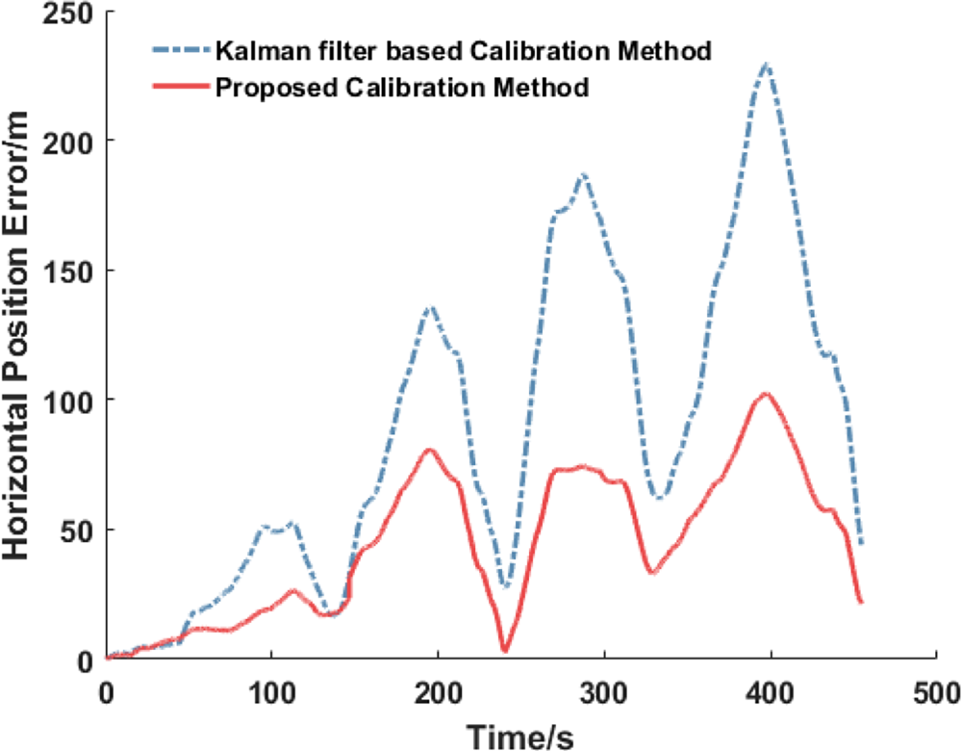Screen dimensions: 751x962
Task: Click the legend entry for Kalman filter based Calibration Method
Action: [x=464, y=51]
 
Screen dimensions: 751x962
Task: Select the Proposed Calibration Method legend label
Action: [x=402, y=89]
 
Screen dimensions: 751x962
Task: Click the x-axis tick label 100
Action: [x=271, y=692]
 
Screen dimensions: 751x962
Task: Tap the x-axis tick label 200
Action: [x=438, y=692]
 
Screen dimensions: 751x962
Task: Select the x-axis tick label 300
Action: [x=604, y=692]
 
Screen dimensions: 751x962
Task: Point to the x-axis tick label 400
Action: [x=771, y=692]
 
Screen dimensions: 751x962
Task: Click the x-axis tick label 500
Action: [x=936, y=692]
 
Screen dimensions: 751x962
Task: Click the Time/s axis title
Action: [x=520, y=736]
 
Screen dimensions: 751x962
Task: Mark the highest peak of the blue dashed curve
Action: [x=766, y=64]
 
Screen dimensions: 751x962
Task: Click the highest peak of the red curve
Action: [x=766, y=394]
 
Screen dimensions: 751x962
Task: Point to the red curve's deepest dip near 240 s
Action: [x=504, y=651]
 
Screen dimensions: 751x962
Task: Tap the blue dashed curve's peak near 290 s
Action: [x=583, y=174]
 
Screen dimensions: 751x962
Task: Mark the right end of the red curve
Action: [x=862, y=602]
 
